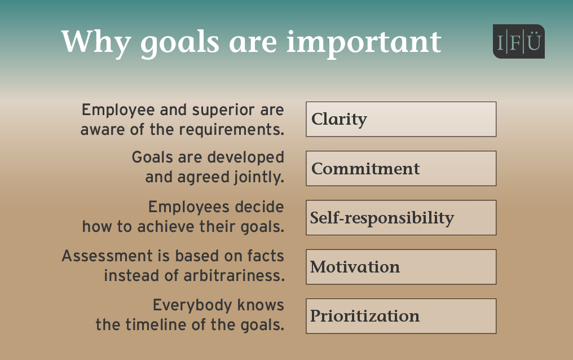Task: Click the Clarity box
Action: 401,119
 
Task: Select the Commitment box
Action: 401,169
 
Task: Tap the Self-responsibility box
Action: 401,217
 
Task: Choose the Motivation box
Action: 401,267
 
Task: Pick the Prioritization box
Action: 401,316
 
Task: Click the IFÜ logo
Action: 519,41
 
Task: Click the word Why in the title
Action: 96,42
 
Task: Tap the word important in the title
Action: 364,43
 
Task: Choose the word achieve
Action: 166,227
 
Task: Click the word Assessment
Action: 107,256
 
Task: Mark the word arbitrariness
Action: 234,275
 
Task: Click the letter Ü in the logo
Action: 534,41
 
